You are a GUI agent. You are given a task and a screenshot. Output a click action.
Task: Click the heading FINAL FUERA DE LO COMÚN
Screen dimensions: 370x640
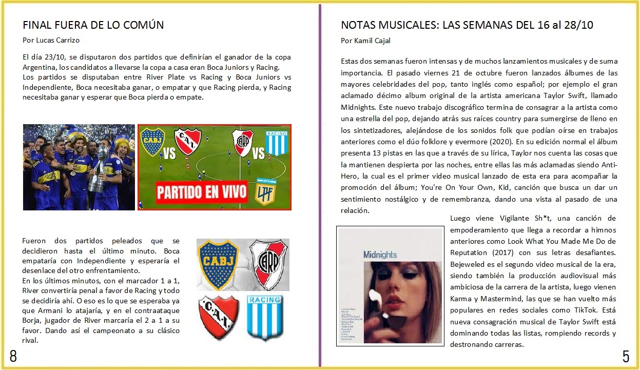[93, 25]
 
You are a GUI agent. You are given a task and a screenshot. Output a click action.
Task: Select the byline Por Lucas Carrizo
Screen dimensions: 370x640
[51, 40]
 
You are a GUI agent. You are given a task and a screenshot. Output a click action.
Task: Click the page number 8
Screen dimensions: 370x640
[13, 357]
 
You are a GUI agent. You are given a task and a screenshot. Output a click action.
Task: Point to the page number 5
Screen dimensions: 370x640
[626, 356]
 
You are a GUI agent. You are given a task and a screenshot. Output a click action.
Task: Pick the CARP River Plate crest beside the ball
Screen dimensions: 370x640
[268, 264]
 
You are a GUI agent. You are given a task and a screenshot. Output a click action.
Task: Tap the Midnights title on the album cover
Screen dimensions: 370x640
[380, 255]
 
